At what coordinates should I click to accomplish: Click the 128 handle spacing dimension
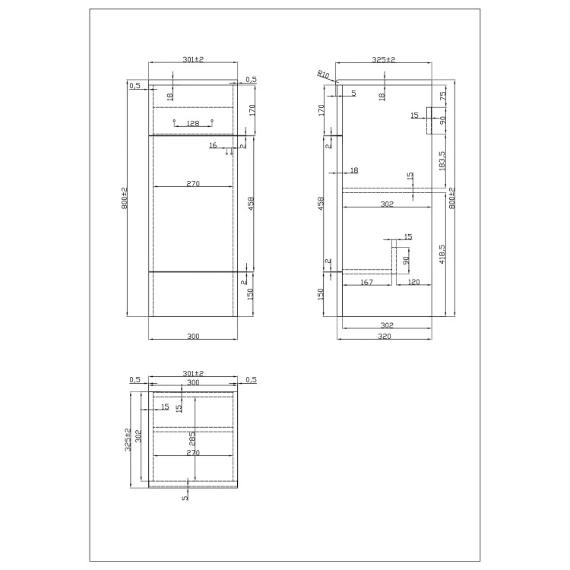coord(193,122)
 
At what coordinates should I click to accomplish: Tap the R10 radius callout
coord(324,74)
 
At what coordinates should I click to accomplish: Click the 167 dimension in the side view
coord(367,282)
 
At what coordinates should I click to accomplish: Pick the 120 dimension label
coord(413,282)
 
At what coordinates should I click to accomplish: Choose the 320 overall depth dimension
coord(387,336)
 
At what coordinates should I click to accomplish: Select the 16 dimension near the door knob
coord(212,144)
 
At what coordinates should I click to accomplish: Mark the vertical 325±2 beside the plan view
coord(128,439)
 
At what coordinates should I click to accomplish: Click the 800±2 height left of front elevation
coord(124,199)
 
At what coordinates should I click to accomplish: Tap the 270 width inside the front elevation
coord(193,182)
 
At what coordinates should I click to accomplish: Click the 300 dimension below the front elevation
coord(193,336)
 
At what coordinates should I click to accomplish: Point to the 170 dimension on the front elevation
coord(252,109)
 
